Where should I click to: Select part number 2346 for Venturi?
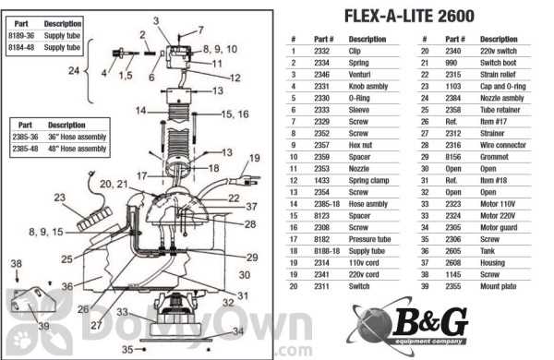point(324,69)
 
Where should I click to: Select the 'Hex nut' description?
point(368,145)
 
